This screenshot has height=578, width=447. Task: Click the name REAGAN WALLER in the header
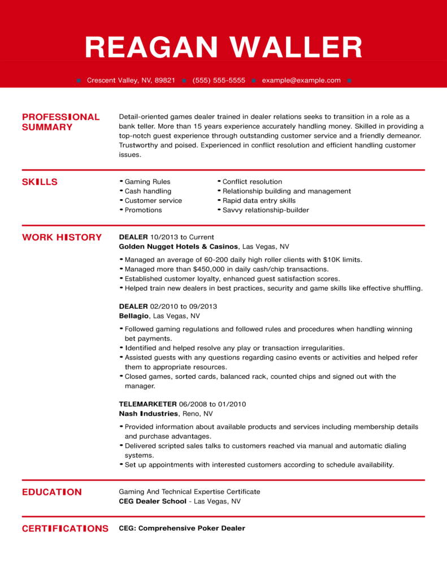coord(223,47)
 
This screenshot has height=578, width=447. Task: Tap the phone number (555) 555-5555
coord(219,81)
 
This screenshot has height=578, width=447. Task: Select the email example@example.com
coord(301,81)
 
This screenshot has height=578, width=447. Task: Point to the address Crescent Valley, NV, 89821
coord(131,81)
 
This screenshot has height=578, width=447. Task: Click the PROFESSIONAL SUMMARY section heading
coord(60,122)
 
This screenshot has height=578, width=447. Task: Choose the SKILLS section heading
coord(40,182)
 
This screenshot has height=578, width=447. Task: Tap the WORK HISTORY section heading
coord(62,237)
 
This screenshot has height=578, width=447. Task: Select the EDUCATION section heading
coord(51,492)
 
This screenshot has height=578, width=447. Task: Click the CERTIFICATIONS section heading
coord(65,528)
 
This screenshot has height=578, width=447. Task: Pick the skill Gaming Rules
coord(147,182)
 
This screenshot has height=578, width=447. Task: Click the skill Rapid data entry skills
coord(259,200)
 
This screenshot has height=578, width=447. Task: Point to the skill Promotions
coord(143,210)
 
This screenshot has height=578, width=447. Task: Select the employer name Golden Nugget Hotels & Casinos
coord(179,247)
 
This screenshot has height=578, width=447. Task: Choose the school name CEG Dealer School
coord(153,501)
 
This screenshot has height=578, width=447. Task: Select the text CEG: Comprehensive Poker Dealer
coord(182,528)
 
